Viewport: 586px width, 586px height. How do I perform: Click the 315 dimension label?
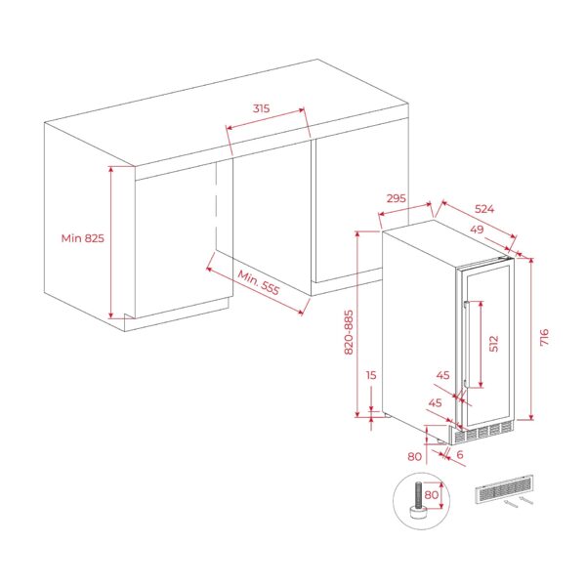(261, 108)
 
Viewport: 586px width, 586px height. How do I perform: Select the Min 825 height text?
(82, 237)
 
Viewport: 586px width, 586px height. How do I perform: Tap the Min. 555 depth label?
(258, 282)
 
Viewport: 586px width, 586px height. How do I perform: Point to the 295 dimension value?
(396, 198)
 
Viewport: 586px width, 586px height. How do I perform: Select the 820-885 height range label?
(349, 332)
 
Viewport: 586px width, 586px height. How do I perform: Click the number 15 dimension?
(370, 374)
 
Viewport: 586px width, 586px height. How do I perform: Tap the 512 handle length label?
(494, 343)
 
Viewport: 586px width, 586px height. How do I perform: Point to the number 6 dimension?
(458, 456)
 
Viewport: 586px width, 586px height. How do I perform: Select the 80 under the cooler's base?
(413, 456)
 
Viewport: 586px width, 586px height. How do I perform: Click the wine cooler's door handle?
(470, 342)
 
